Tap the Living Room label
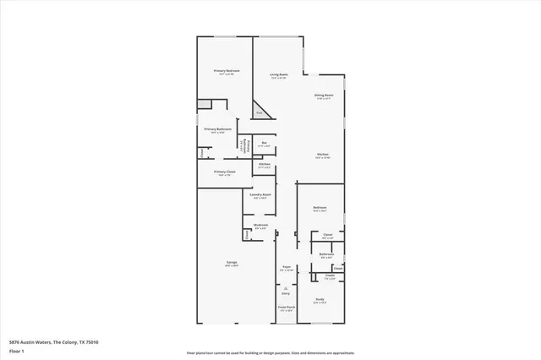[x=280, y=75]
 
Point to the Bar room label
[x=265, y=144]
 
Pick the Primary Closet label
[x=225, y=172]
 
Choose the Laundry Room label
[x=260, y=196]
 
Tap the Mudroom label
[x=261, y=226]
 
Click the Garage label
[x=232, y=263]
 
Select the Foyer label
[x=286, y=268]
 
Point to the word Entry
[x=286, y=293]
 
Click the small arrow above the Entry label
[x=286, y=287]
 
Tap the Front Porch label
[x=286, y=308]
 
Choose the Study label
[x=321, y=300]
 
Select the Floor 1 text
[x=17, y=350]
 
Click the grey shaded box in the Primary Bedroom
[x=204, y=104]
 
